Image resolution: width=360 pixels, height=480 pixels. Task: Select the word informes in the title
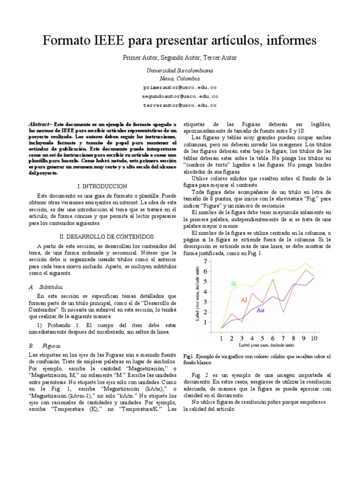pos(288,41)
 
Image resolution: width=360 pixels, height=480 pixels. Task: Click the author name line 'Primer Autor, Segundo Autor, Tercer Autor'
pos(180,58)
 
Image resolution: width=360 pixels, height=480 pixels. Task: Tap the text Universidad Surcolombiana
pos(180,70)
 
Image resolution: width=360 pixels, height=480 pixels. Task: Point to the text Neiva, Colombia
pos(180,78)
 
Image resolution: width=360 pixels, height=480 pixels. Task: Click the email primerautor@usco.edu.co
pos(180,88)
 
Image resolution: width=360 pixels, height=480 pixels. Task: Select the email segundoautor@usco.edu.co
pos(180,97)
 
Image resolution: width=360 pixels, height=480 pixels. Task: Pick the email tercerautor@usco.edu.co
pos(180,105)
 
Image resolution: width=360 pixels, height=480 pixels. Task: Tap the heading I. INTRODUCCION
pos(103,186)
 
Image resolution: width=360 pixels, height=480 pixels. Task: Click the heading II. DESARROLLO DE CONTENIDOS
pos(103,237)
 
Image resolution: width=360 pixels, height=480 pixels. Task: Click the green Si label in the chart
pos(233,283)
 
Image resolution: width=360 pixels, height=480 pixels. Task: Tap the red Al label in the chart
pos(244,300)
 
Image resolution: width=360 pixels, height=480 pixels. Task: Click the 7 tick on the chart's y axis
pos(204,261)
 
